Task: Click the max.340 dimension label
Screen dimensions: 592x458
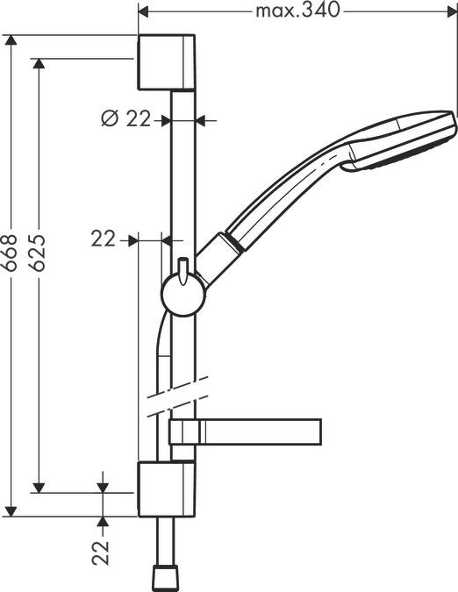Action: pyautogui.click(x=297, y=11)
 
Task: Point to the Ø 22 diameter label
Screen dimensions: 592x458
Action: pyautogui.click(x=127, y=119)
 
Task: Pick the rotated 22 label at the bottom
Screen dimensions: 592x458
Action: pyautogui.click(x=104, y=553)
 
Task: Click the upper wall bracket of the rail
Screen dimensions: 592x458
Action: pyautogui.click(x=167, y=62)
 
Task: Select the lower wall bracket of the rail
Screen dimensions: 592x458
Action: pyautogui.click(x=167, y=490)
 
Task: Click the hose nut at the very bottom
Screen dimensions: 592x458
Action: pyautogui.click(x=165, y=577)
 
